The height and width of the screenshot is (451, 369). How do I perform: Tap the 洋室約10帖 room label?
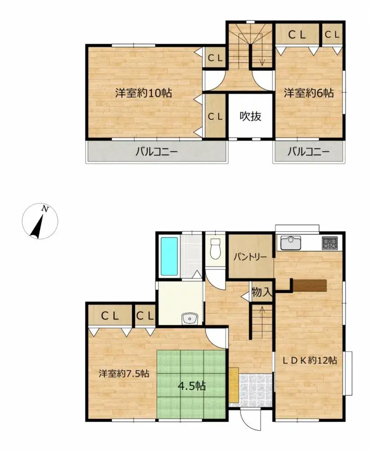click(x=143, y=94)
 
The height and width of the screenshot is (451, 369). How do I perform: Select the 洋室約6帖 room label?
click(x=309, y=93)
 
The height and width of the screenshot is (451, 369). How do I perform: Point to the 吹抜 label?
click(x=250, y=116)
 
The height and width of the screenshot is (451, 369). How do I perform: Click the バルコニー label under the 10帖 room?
click(x=157, y=152)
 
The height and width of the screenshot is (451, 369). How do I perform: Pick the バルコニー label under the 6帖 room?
click(x=309, y=152)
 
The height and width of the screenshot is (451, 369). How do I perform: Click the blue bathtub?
click(x=169, y=256)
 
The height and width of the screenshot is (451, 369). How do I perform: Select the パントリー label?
click(x=250, y=257)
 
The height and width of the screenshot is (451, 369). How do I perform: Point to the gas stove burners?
click(x=330, y=244)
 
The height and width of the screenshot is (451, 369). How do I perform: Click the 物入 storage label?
click(x=262, y=292)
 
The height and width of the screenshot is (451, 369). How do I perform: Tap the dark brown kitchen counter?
click(x=310, y=285)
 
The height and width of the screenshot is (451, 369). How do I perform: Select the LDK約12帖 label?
click(x=310, y=360)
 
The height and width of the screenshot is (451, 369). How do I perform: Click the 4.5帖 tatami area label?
click(x=191, y=386)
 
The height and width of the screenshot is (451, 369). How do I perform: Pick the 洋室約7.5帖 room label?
click(x=124, y=373)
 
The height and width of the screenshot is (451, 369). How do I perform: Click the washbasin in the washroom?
click(x=190, y=319)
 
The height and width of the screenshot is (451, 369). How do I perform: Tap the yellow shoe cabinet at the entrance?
click(x=233, y=385)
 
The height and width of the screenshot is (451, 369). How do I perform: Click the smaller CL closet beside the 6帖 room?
click(x=332, y=34)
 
